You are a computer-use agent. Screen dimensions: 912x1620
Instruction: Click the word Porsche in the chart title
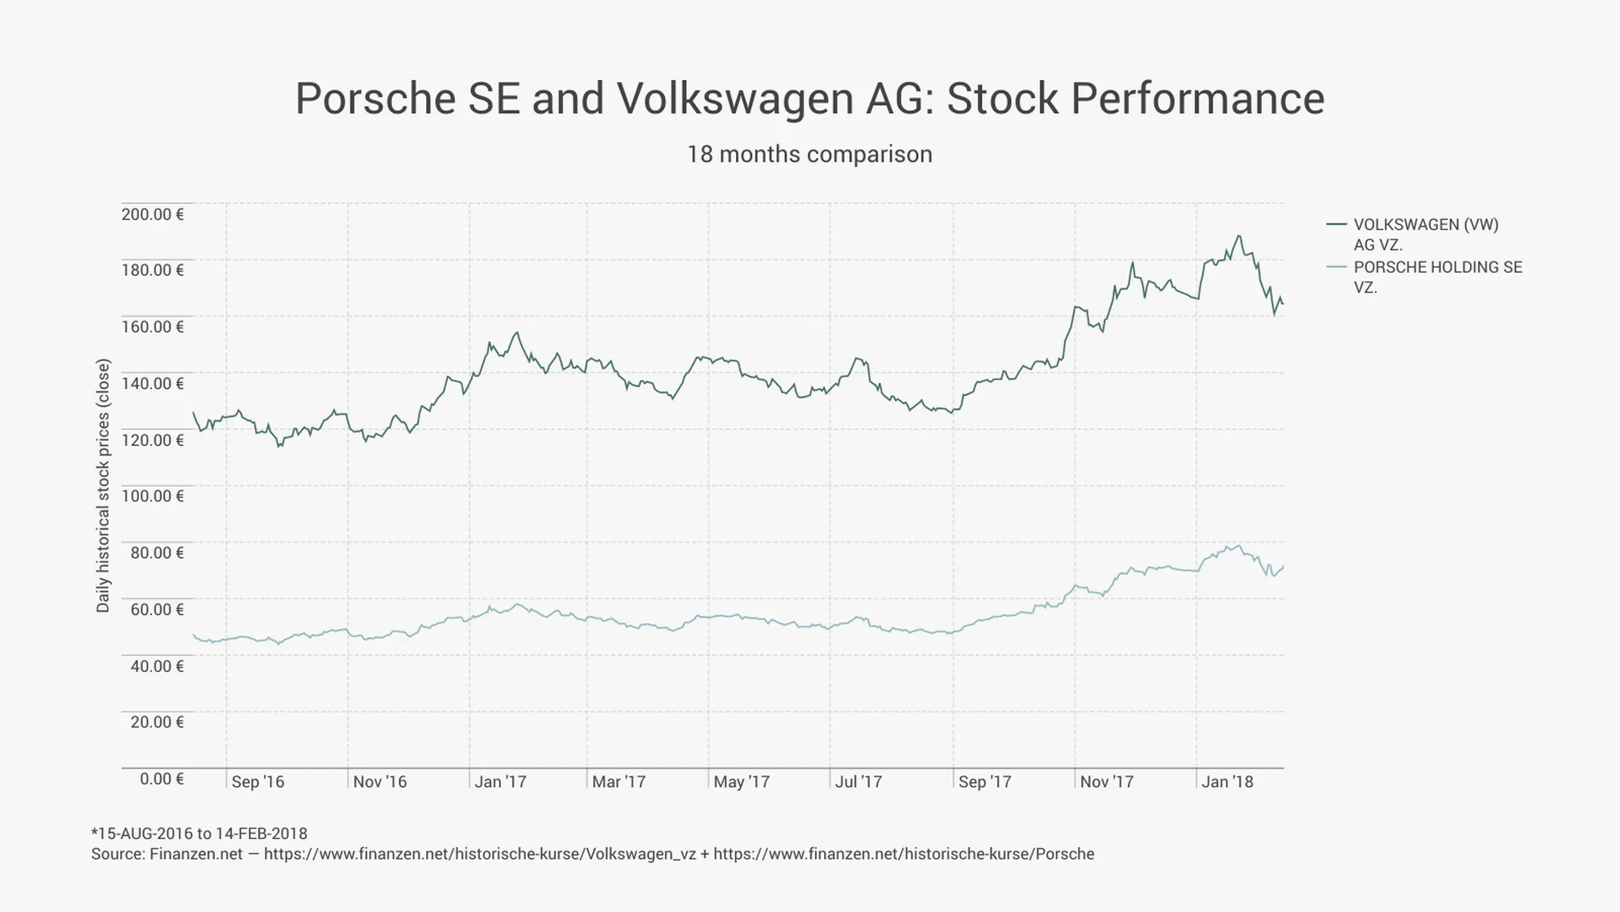376,99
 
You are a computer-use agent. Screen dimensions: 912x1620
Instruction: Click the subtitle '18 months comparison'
810,154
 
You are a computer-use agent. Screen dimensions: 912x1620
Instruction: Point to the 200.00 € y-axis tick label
153,214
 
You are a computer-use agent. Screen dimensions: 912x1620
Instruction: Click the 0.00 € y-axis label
162,779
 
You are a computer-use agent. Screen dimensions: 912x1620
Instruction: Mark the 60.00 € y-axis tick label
157,610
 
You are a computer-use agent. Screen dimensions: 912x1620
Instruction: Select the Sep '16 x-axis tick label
257,782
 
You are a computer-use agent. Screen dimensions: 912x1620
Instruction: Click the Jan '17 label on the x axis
500,782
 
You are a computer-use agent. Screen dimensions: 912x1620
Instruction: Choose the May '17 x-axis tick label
741,782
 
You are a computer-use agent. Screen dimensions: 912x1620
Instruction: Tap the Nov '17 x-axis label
1107,782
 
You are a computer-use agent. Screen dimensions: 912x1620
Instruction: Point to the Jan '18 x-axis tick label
1227,782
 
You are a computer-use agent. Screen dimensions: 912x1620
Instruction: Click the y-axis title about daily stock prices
103,486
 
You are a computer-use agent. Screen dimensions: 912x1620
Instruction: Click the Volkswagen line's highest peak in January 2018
1239,236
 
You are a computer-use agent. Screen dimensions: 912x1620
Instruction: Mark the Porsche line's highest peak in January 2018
1239,546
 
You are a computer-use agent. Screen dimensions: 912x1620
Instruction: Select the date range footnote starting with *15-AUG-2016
199,834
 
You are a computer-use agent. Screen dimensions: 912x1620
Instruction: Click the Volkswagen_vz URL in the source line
480,854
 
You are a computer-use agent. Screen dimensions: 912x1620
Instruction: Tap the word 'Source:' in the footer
118,854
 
